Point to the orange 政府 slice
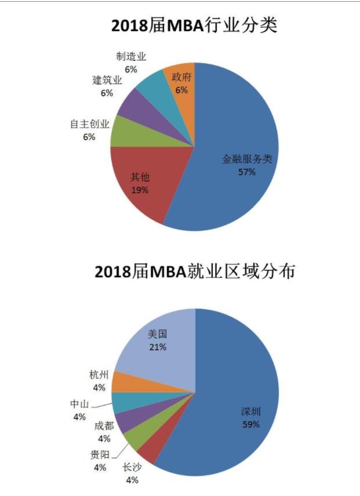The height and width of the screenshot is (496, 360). pyautogui.click(x=180, y=81)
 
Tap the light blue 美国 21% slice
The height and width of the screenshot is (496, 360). pyautogui.click(x=159, y=342)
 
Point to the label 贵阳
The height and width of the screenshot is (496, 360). pyautogui.click(x=100, y=454)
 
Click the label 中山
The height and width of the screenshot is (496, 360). pyautogui.click(x=80, y=403)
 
